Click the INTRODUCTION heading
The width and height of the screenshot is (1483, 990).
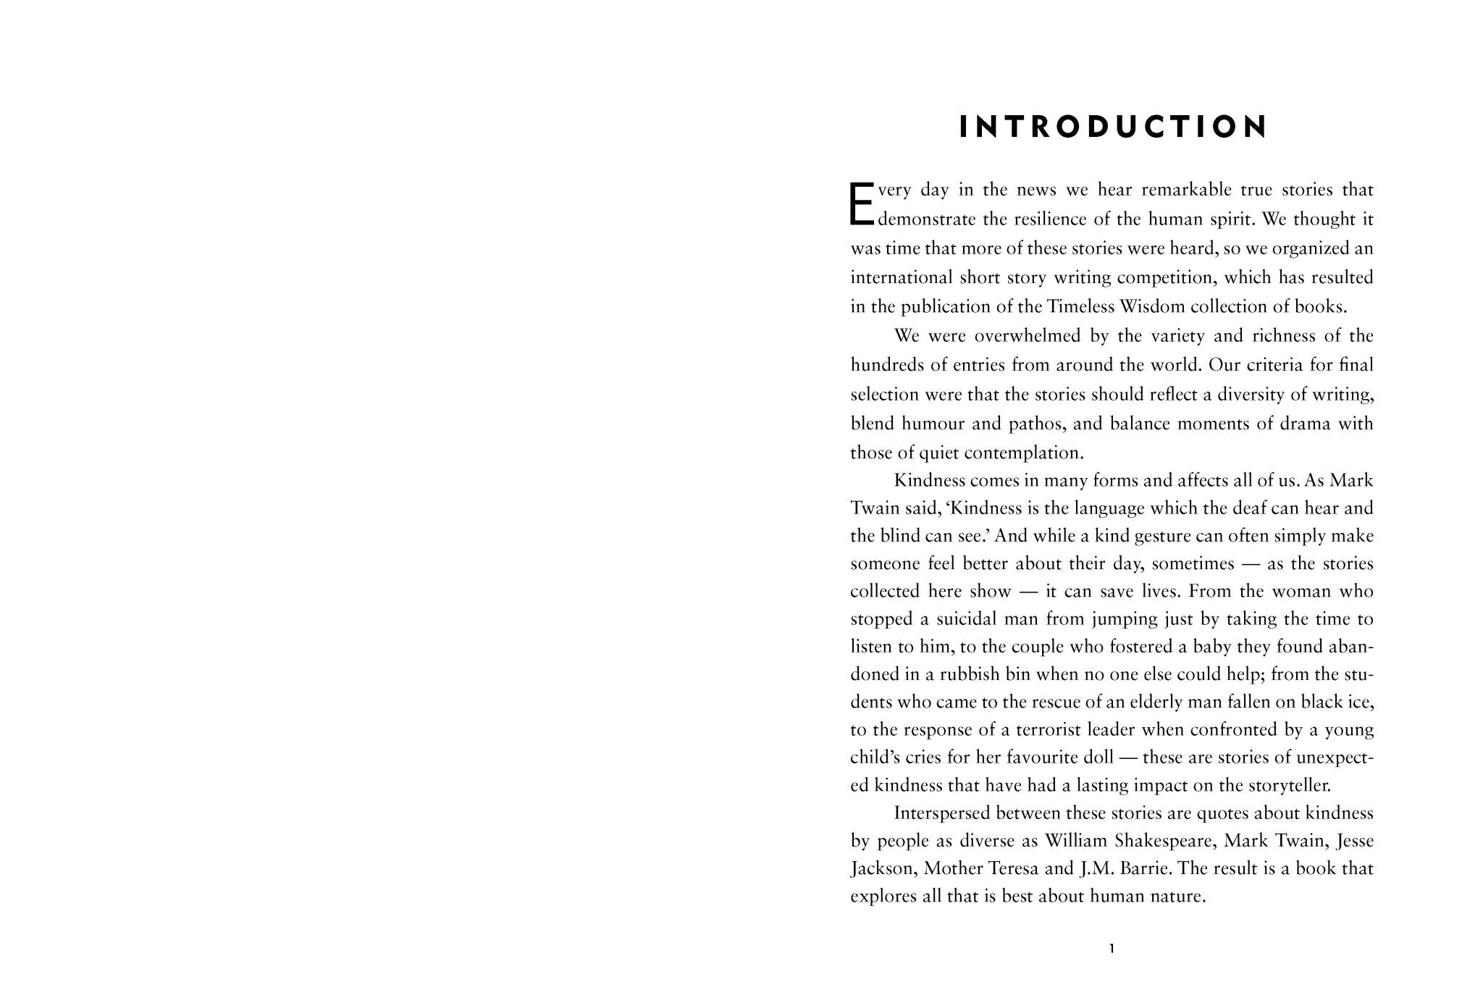[1112, 127]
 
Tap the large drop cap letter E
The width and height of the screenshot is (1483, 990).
[862, 203]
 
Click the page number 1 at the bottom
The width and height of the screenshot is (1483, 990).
[1112, 948]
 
